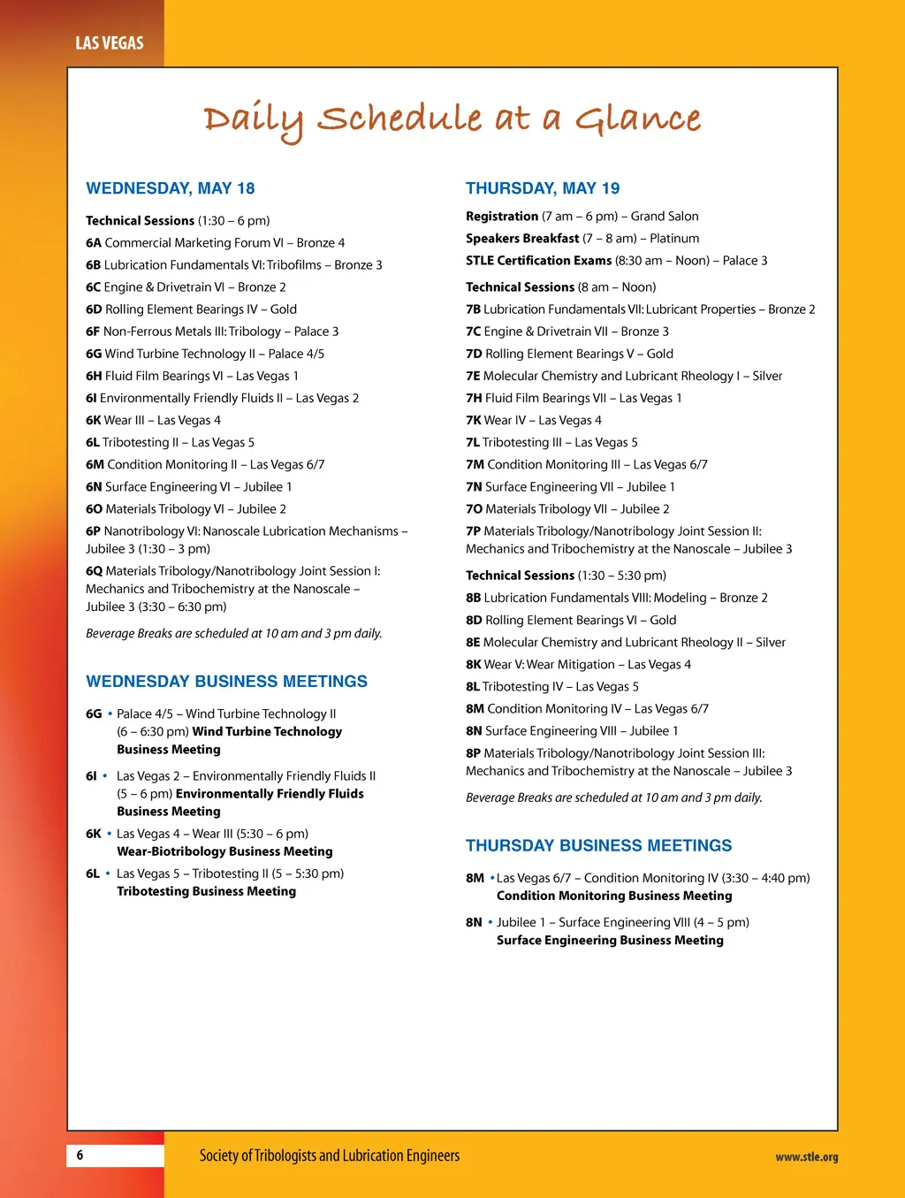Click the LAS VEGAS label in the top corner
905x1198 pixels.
110,42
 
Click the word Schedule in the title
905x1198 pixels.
399,119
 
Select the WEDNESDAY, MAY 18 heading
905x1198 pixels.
170,188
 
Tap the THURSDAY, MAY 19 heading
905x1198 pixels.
543,188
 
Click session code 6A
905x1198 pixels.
94,243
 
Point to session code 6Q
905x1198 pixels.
95,571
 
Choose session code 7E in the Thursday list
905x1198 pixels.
473,376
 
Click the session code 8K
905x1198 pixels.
473,665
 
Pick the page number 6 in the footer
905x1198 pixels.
80,1155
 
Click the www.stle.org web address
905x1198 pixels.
806,1156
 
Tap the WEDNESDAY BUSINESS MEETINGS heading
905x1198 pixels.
226,682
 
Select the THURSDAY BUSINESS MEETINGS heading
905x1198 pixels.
598,846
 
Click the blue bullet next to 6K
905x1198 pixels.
110,834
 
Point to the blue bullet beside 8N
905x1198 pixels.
491,922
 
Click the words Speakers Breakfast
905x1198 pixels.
522,239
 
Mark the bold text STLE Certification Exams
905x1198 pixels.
538,261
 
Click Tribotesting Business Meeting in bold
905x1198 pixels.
206,891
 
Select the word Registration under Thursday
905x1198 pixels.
502,217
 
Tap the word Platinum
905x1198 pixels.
674,239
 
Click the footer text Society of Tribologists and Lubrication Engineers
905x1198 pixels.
330,1156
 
